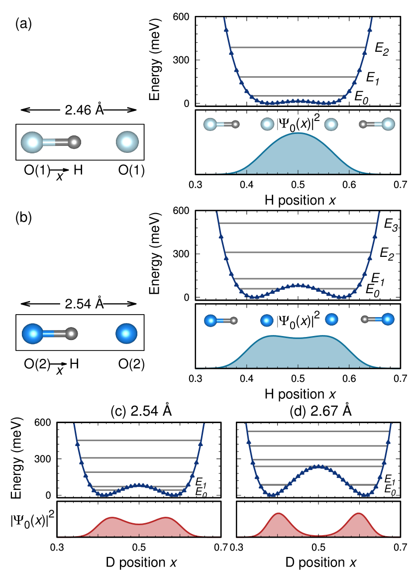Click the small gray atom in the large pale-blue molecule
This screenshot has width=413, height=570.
(x=74, y=142)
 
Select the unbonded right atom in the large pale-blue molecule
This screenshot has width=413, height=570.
(x=127, y=142)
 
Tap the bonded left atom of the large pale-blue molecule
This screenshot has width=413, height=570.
(x=32, y=142)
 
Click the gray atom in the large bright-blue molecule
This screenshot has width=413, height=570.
(x=71, y=334)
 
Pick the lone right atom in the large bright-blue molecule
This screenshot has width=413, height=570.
(x=126, y=334)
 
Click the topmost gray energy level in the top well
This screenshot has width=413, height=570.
(x=298, y=47)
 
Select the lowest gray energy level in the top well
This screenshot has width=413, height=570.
(x=298, y=96)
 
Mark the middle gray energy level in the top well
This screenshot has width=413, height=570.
(x=298, y=77)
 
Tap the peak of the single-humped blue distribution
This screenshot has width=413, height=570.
(x=298, y=133)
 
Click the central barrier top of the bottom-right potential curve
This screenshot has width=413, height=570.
(x=318, y=466)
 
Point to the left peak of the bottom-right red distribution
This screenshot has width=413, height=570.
(x=278, y=513)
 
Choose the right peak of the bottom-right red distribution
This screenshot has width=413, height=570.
(x=358, y=513)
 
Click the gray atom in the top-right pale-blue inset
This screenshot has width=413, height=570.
(x=363, y=124)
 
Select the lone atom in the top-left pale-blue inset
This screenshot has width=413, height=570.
(x=267, y=124)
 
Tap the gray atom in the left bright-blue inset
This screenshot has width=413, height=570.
(x=233, y=321)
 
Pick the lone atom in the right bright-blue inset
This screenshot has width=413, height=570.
(x=331, y=320)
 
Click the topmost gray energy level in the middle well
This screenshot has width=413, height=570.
(x=298, y=223)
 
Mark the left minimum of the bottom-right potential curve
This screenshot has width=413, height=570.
(x=271, y=495)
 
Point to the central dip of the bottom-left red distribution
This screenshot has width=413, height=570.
(x=139, y=524)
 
